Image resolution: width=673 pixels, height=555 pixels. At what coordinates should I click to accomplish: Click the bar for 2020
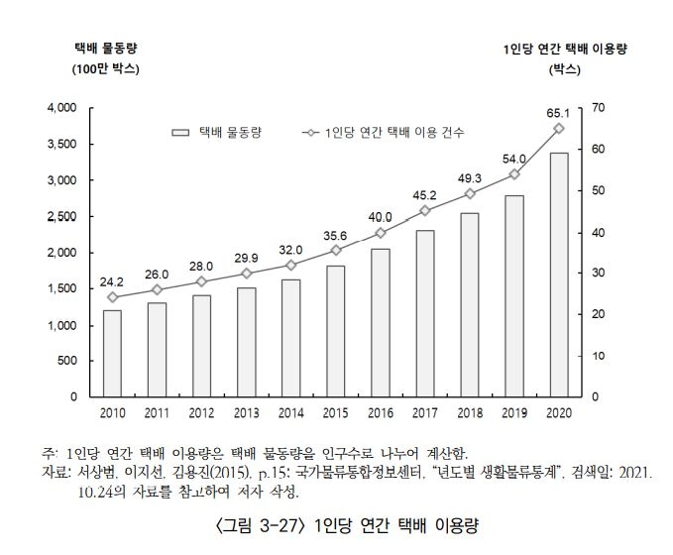point(558,275)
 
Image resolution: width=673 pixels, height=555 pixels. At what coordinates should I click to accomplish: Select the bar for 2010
point(112,353)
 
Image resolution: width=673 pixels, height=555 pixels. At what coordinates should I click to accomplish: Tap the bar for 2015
point(335,331)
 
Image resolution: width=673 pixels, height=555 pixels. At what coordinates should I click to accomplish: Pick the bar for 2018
point(469,304)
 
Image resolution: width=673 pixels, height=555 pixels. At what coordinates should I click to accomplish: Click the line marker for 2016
point(380,233)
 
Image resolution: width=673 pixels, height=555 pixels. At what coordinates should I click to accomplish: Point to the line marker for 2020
point(558,128)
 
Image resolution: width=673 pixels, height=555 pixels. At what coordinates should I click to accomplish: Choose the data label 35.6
point(334,235)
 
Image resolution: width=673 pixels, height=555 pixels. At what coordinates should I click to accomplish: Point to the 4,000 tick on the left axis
point(61,107)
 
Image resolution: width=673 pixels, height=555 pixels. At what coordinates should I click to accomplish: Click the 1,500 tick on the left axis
point(61,288)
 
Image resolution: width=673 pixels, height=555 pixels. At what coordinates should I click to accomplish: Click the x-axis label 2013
point(246,411)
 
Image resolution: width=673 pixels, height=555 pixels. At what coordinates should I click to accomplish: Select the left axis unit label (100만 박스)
point(105,69)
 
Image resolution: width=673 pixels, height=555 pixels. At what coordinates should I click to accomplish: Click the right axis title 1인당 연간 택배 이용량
point(566,48)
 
